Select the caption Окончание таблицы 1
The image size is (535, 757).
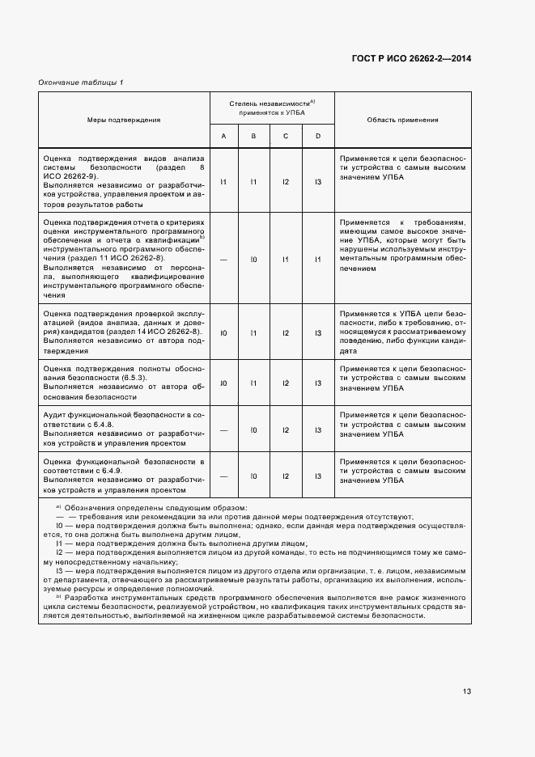tap(81, 83)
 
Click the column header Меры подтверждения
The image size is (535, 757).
tap(124, 120)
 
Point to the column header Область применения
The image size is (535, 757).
tap(402, 120)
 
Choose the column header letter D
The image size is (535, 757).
tap(318, 136)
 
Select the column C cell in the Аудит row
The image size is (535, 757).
tap(286, 429)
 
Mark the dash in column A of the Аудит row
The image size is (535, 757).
tap(224, 429)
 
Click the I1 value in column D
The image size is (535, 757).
tap(318, 260)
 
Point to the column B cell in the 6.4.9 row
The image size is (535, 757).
tap(253, 476)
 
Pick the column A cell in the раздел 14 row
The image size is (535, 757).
tap(224, 332)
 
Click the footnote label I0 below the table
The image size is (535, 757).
tap(59, 526)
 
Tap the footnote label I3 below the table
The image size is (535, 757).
tap(59, 571)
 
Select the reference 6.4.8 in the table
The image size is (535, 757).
tap(111, 424)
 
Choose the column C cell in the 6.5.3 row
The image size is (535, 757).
tap(286, 383)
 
